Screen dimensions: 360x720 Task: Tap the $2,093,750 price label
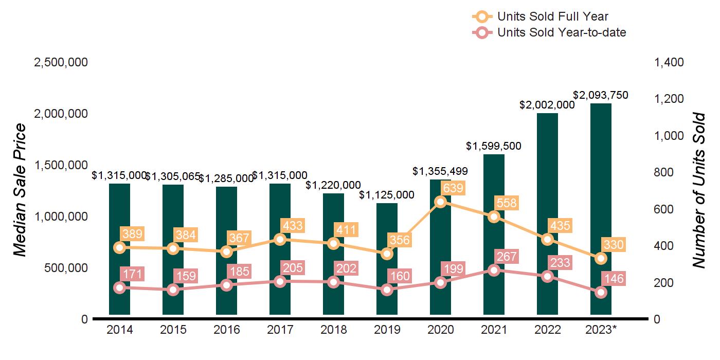click(x=601, y=95)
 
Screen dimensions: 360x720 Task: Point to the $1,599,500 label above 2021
click(x=494, y=146)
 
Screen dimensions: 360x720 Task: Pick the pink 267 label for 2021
click(x=506, y=256)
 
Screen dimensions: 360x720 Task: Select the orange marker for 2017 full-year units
click(x=280, y=239)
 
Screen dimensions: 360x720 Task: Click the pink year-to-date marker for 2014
click(x=119, y=287)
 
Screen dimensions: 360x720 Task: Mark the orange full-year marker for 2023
click(x=601, y=258)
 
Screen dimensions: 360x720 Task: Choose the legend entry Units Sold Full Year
click(x=553, y=17)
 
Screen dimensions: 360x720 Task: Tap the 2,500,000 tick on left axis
click(x=61, y=62)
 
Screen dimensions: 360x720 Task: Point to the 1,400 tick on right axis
click(x=669, y=62)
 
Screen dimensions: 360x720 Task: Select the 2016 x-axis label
click(x=226, y=330)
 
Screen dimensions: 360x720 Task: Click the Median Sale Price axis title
click(x=20, y=190)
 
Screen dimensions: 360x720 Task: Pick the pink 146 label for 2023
click(x=613, y=279)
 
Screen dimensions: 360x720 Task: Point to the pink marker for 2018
click(x=333, y=282)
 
